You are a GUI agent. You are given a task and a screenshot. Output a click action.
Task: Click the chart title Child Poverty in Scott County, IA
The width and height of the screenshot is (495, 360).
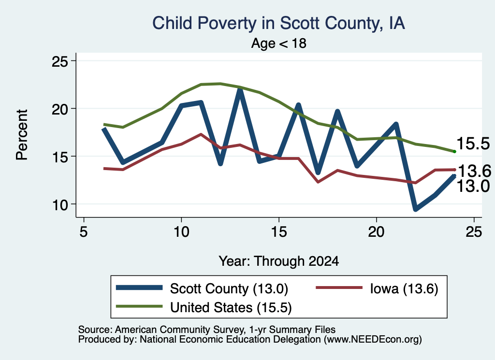pos(278,24)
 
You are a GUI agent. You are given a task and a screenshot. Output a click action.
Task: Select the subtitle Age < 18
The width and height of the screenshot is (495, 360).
pos(278,43)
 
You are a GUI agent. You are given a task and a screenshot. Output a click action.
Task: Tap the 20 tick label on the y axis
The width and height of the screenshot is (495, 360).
pos(60,109)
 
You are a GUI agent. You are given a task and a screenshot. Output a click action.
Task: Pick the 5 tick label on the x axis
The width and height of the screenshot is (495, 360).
pos(83,232)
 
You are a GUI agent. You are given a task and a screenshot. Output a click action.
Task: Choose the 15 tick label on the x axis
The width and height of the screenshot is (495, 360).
pos(279,232)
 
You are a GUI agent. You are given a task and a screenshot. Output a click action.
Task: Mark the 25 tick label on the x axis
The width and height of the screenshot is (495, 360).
pos(474,232)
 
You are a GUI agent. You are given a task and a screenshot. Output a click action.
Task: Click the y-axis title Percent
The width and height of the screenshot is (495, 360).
pos(22,135)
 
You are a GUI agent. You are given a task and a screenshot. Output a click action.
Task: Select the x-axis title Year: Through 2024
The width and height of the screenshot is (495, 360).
pos(279,261)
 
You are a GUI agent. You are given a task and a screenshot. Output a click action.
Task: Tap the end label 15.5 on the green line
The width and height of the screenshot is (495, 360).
pos(473,144)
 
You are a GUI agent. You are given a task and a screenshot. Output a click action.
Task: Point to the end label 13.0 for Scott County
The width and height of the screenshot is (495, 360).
pos(473,186)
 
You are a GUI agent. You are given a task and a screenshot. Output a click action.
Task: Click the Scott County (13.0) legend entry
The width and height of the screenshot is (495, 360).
pos(202,288)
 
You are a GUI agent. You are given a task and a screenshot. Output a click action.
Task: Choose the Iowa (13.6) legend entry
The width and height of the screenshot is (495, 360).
pos(377,288)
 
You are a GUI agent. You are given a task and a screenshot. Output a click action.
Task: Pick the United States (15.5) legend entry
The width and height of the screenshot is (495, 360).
pos(204,307)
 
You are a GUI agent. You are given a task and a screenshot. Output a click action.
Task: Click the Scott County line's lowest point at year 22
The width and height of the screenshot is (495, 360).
pos(416,209)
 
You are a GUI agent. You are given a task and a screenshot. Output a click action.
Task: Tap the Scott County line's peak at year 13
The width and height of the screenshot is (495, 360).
pos(240,90)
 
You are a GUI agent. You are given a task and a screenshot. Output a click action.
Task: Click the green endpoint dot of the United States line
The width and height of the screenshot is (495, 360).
pos(454,152)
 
